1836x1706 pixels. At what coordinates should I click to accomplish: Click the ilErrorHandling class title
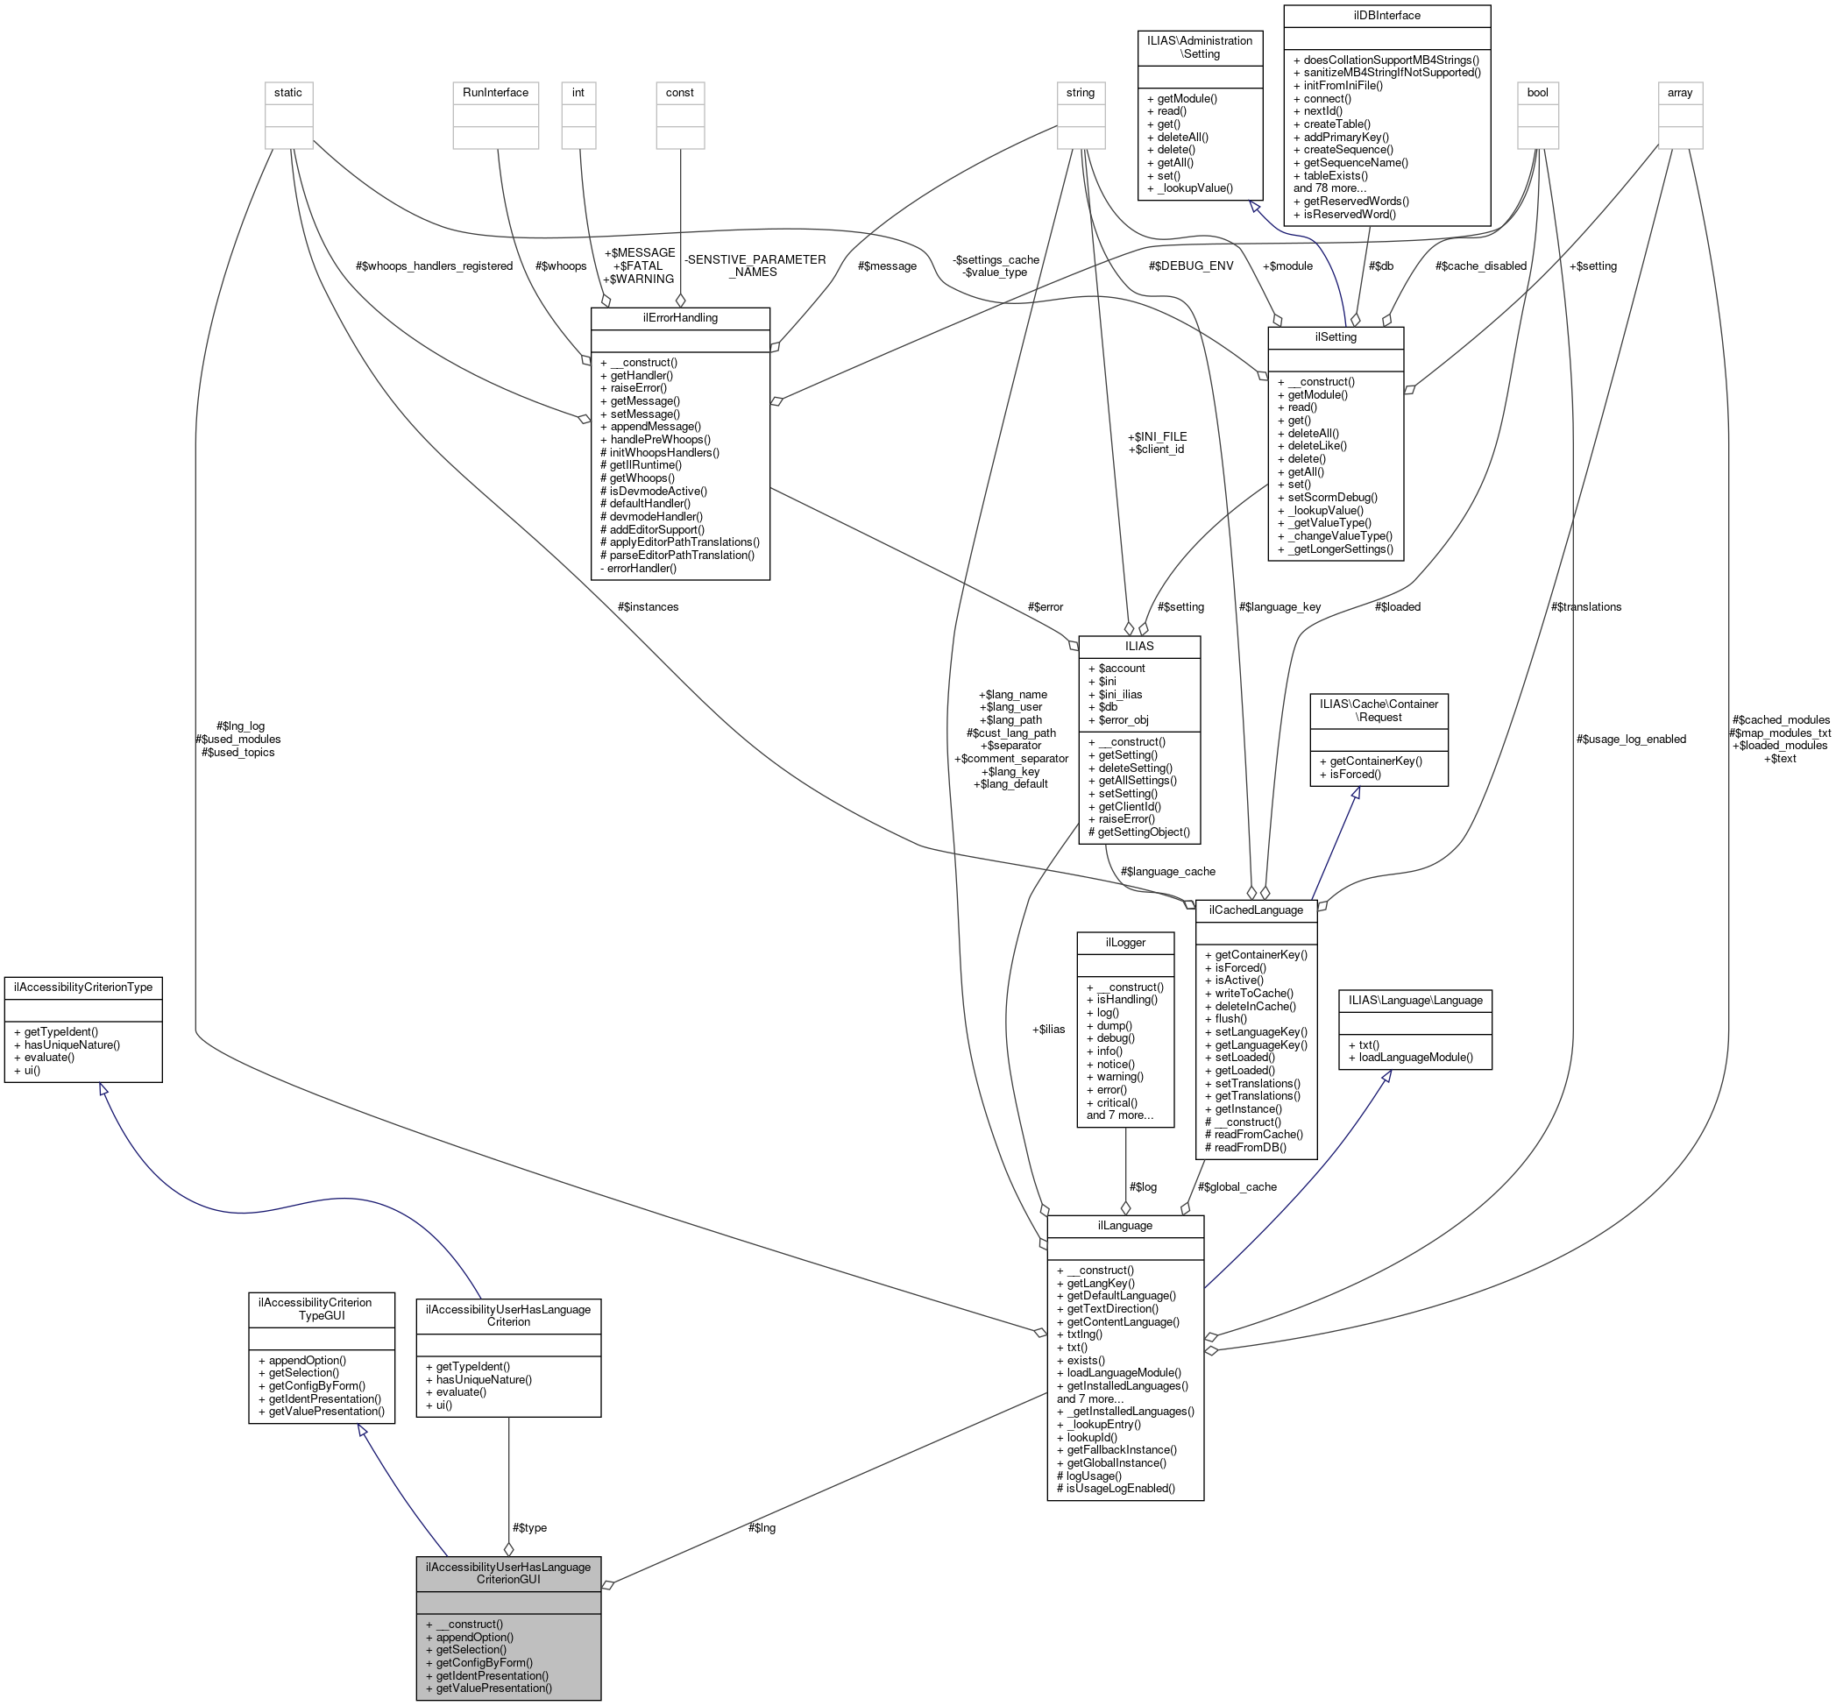tap(679, 317)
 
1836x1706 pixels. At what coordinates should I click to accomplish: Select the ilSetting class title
tap(1335, 337)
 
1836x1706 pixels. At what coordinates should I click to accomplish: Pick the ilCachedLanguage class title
tap(1257, 910)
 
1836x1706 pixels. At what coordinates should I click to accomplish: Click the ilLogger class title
tap(1124, 941)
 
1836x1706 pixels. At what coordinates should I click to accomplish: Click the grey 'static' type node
tap(288, 92)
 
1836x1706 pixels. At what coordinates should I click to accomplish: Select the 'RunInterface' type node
tap(495, 92)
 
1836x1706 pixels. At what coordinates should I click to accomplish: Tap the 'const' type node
tap(679, 92)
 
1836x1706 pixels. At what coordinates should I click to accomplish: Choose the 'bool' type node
tap(1538, 92)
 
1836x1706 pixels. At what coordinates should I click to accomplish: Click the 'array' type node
tap(1680, 92)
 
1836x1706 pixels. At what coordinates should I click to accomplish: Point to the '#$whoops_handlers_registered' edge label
tap(434, 265)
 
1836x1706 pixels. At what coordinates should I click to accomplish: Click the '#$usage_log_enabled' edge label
tap(1631, 739)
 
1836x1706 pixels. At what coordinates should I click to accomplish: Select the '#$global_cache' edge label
tap(1237, 1186)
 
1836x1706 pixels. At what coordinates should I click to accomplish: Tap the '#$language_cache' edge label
tap(1167, 871)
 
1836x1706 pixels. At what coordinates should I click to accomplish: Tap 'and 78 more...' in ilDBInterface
tap(1329, 188)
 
